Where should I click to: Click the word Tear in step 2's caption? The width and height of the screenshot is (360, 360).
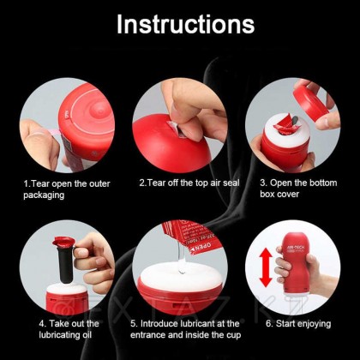158,183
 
